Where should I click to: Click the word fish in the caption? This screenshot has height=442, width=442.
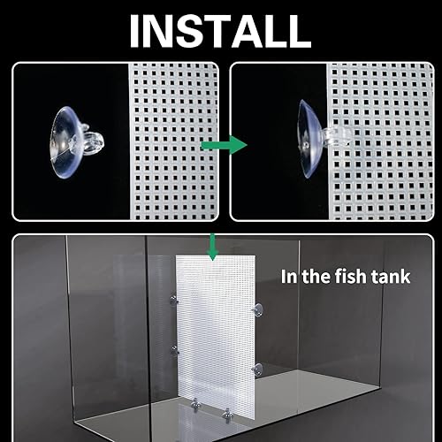358,276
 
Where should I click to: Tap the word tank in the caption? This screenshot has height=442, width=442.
394,276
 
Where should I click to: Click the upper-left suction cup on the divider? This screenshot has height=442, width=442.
173,306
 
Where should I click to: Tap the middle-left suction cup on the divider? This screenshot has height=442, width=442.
174,350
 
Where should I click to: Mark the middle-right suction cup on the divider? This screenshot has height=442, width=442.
255,367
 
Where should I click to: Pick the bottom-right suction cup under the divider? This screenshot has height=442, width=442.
227,411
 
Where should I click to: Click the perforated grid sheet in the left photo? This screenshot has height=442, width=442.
172,141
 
